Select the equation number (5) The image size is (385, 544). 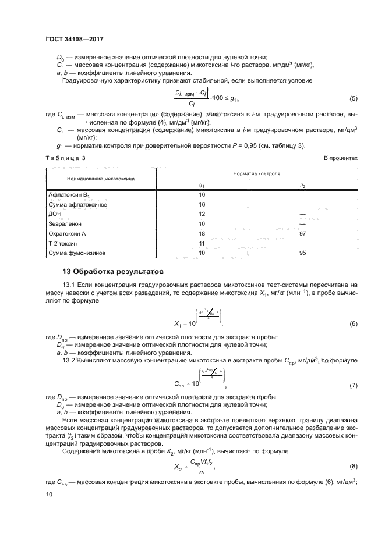pyautogui.click(x=353, y=97)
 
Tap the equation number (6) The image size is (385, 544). pyautogui.click(x=353, y=323)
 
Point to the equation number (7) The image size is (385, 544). pyautogui.click(x=353, y=385)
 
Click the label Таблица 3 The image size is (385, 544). pyautogui.click(x=65, y=158)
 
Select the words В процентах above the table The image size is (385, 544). pyautogui.click(x=340, y=158)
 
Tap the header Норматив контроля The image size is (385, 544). pyautogui.click(x=253, y=173)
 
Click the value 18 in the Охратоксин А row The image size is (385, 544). pyautogui.click(x=203, y=233)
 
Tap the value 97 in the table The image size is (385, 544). pyautogui.click(x=302, y=233)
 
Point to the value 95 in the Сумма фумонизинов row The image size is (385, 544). pyautogui.click(x=302, y=253)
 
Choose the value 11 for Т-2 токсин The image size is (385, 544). pyautogui.click(x=203, y=243)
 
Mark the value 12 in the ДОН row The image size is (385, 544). pyautogui.click(x=203, y=214)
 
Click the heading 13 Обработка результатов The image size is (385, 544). pyautogui.click(x=109, y=272)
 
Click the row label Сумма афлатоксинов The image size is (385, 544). pyautogui.click(x=77, y=204)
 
